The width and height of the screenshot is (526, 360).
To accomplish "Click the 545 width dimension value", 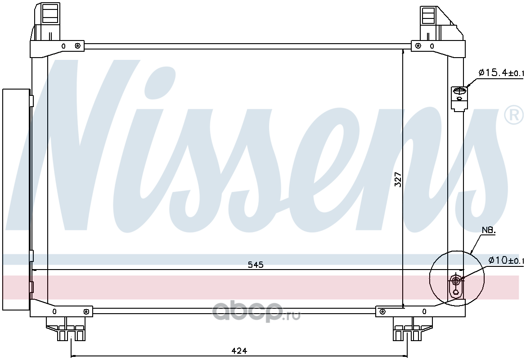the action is point(256,265).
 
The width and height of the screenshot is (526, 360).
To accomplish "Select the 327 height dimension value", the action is point(397,180).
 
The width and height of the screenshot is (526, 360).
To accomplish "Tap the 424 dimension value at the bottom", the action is point(239,351).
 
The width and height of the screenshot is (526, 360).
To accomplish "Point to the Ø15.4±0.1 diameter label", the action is point(501,72).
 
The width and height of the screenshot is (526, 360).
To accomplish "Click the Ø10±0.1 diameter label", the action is point(506,260).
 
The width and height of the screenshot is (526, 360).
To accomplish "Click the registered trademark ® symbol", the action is point(514,114).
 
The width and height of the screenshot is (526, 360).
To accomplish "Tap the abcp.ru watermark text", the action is point(256,312).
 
